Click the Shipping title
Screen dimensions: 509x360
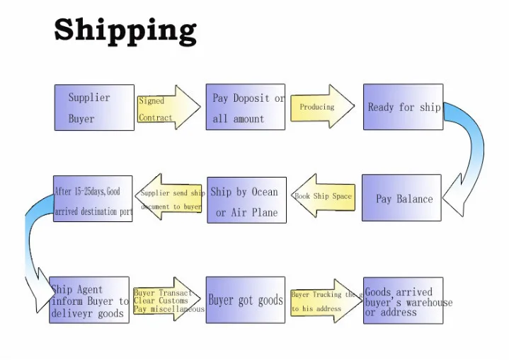125,30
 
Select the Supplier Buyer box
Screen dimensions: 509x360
94,108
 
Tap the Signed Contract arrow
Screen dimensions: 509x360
168,108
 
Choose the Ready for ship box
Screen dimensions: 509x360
402,108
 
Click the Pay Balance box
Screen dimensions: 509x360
401,198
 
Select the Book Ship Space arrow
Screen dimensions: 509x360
322,197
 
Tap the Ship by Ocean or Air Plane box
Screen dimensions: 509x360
246,200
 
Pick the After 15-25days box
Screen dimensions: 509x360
93,199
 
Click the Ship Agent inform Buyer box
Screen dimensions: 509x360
89,300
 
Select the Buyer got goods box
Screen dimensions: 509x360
246,300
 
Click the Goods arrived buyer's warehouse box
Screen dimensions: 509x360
403,301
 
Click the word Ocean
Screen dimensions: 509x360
265,192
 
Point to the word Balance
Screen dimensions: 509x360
414,199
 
